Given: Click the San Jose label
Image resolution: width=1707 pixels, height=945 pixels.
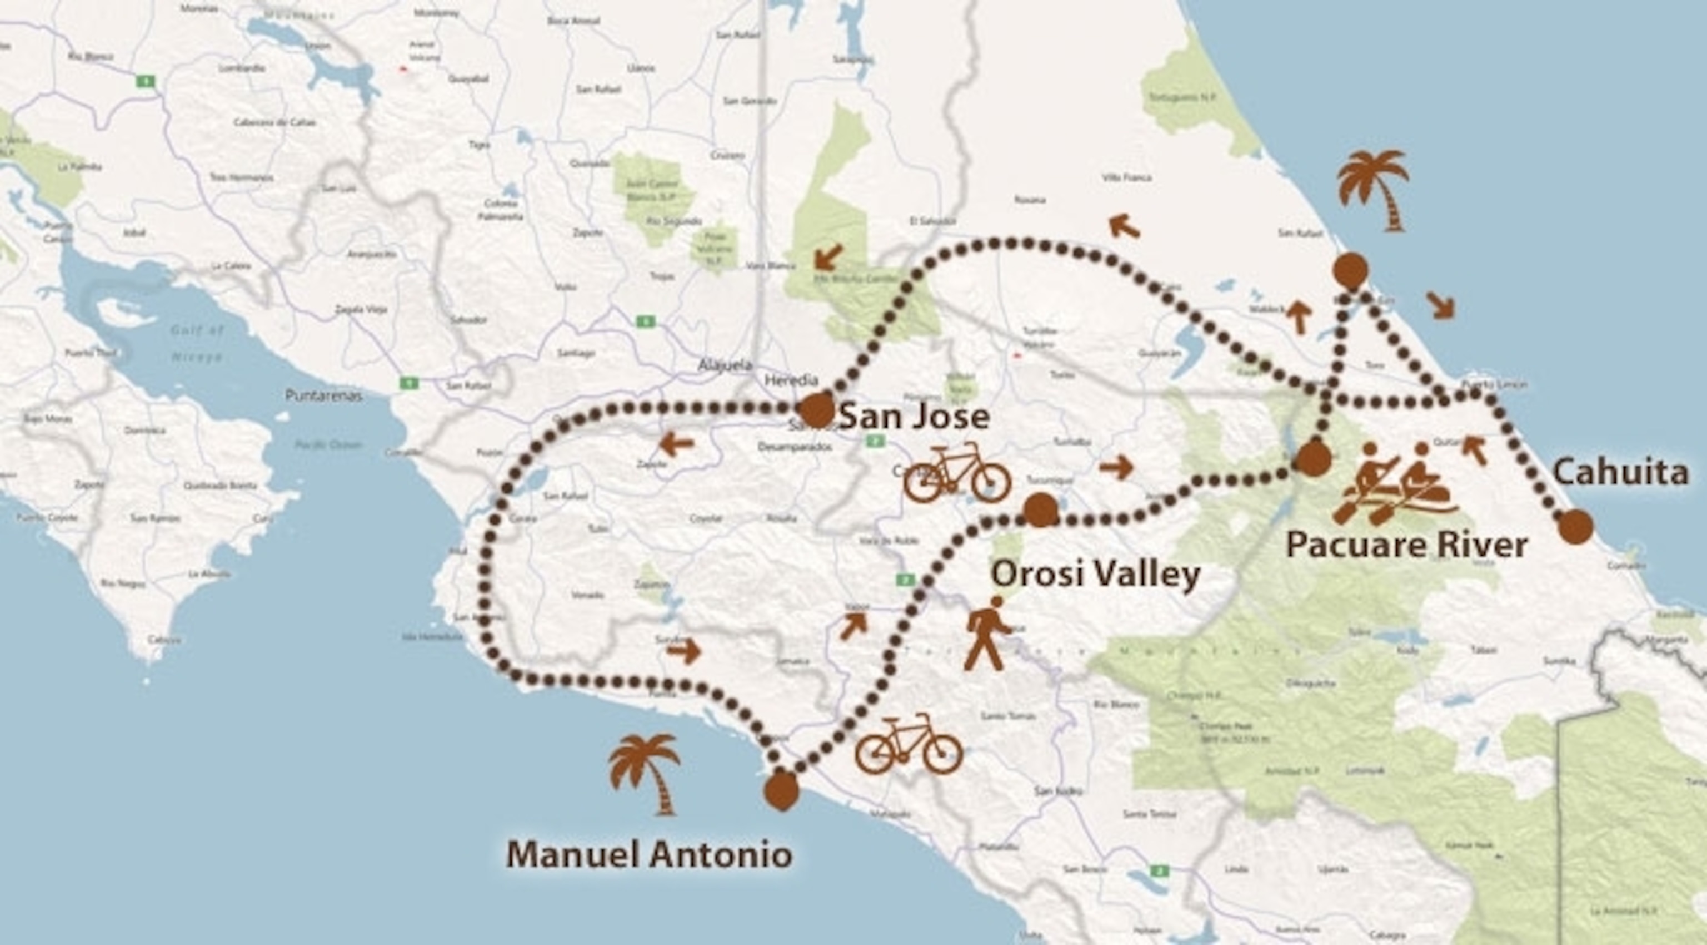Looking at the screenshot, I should pos(915,417).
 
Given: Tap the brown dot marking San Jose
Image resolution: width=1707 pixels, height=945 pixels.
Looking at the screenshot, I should pos(816,410).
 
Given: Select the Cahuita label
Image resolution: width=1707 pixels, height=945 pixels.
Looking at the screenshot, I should pos(1620,473).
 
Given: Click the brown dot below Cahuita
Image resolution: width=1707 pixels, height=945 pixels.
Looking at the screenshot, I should pos(1575,527).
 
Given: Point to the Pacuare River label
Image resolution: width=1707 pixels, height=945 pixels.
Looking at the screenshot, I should pos(1407,545).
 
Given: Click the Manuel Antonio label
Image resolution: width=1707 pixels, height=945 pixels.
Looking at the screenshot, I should pos(650,854).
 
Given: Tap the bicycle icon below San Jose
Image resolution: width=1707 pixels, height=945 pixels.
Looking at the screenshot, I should pos(957,473).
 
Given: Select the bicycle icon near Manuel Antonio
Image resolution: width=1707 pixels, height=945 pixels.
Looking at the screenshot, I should pos(908,744).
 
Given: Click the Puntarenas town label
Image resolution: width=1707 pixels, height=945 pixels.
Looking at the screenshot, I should pos(323,396).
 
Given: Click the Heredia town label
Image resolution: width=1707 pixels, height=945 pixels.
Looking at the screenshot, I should pos(791,380).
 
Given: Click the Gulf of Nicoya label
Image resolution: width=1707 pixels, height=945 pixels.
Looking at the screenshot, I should pos(197,344).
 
